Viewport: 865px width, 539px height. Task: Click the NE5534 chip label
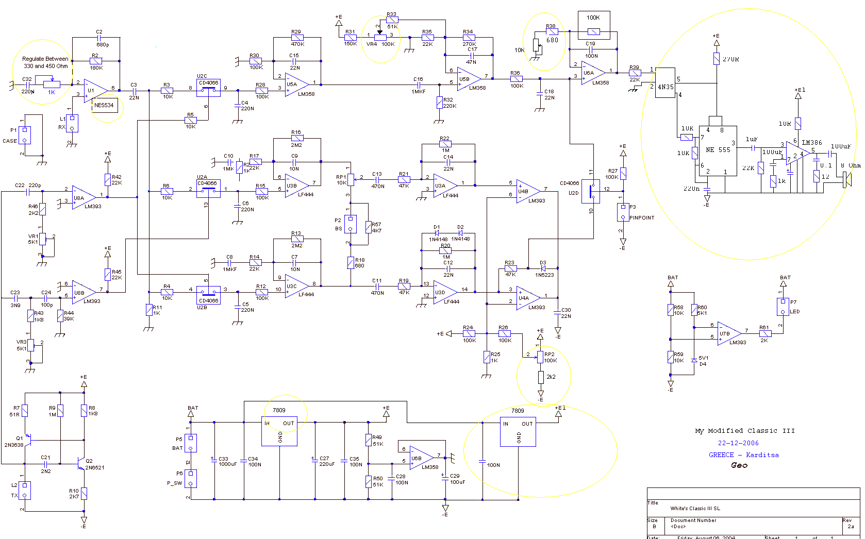point(104,105)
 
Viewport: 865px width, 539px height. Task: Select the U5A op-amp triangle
point(295,84)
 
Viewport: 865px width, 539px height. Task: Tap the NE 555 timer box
point(718,150)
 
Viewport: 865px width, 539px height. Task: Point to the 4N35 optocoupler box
point(666,86)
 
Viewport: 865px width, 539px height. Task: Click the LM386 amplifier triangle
point(797,153)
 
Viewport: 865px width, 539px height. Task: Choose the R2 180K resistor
point(96,61)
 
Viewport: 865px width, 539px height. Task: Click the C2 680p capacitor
point(99,38)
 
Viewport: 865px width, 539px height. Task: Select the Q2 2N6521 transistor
point(80,463)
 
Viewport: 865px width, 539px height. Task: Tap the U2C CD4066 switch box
point(209,89)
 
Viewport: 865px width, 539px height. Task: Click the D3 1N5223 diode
point(543,268)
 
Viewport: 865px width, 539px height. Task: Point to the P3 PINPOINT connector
point(623,212)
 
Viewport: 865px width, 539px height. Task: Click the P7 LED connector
point(783,307)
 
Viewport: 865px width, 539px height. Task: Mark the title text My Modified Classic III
point(744,431)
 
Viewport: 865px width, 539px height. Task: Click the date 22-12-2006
point(738,443)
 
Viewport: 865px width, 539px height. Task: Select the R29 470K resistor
point(297,38)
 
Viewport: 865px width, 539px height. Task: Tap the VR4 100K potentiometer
point(380,38)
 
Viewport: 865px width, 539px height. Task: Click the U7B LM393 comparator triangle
point(728,333)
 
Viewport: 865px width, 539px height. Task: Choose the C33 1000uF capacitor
point(213,459)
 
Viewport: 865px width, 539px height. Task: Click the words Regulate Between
point(45,59)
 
